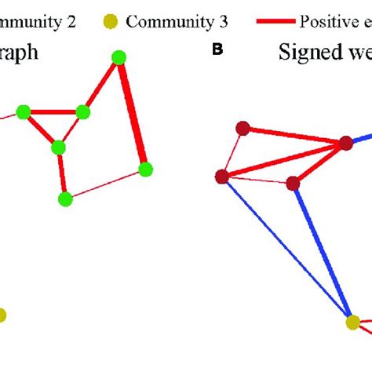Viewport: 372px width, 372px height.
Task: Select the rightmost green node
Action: tap(145, 169)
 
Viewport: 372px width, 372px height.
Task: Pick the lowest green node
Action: tap(66, 199)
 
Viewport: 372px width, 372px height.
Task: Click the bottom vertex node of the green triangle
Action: tap(57, 147)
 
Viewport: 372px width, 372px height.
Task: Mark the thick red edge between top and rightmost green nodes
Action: tap(133, 113)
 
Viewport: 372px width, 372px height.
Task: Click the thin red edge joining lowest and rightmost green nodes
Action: tap(106, 184)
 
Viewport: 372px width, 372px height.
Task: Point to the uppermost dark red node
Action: tap(243, 128)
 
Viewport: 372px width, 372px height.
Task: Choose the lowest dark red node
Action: tap(293, 184)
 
